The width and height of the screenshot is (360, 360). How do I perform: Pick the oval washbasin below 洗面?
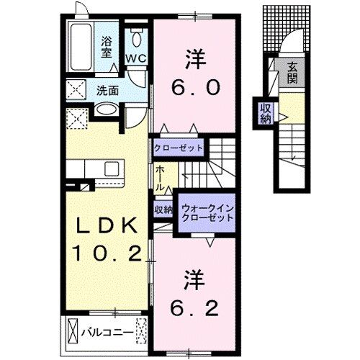click(107, 110)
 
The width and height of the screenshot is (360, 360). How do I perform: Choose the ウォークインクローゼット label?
click(207, 212)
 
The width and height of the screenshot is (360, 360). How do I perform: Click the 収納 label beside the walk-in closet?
click(163, 210)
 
